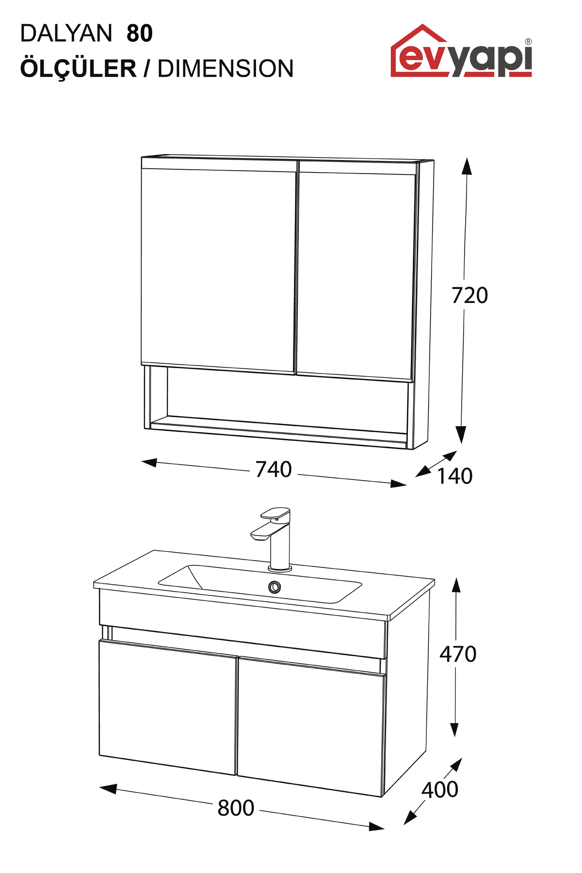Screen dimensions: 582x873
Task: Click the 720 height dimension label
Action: [x=469, y=295]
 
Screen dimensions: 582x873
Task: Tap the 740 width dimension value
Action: [x=274, y=469]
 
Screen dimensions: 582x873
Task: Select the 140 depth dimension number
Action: [x=455, y=476]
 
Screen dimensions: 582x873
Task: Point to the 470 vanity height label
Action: [x=458, y=654]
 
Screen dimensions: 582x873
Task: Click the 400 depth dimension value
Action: [x=440, y=790]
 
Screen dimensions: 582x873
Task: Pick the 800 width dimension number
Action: [x=236, y=808]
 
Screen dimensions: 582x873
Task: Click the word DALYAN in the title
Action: [x=66, y=33]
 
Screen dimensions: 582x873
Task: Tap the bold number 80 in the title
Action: [x=140, y=33]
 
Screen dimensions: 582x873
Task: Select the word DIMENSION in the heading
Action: [x=226, y=68]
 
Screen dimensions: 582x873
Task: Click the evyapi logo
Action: [x=461, y=51]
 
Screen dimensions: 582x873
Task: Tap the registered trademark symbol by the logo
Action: [x=528, y=42]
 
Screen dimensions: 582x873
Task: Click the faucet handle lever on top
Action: [x=275, y=513]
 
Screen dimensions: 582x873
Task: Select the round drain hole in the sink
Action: [x=275, y=587]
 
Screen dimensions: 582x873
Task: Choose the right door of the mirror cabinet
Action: [x=356, y=270]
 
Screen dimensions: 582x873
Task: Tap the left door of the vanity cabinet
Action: [x=168, y=707]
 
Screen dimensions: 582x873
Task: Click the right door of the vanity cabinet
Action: [x=311, y=726]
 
